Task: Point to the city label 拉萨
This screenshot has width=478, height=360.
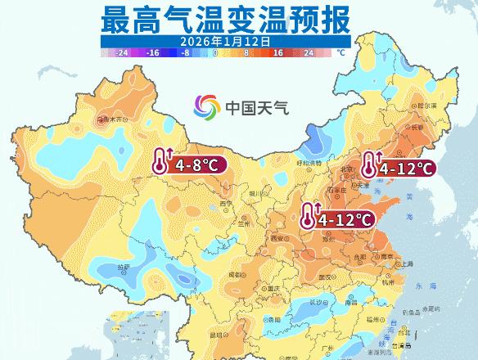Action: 124,267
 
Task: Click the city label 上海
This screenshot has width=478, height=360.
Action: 404,264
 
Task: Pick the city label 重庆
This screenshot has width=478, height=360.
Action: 262,288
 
